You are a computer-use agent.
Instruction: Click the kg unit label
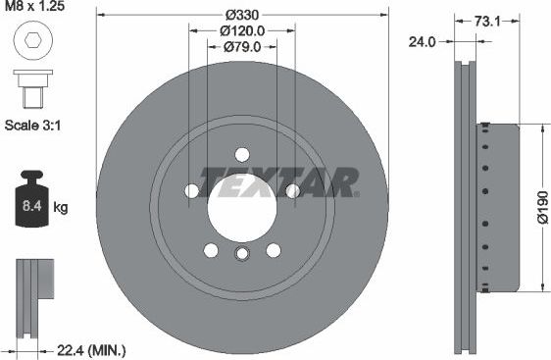click(61, 208)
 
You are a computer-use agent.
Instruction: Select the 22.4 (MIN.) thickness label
click(90, 350)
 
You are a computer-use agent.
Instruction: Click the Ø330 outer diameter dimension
click(241, 15)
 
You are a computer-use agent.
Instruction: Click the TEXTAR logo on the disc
click(278, 180)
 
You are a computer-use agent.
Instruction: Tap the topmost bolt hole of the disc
click(241, 154)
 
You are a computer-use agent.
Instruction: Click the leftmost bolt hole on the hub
click(192, 190)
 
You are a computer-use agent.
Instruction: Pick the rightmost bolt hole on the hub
click(291, 190)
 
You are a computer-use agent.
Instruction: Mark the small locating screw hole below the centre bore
click(241, 255)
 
